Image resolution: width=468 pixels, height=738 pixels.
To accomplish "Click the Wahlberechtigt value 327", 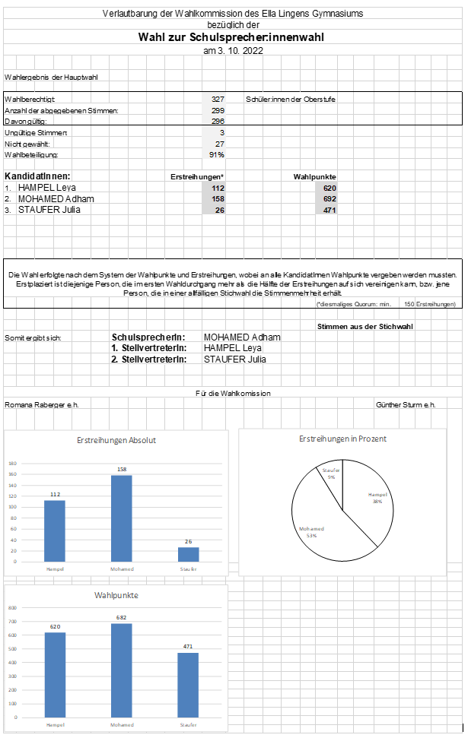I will coord(218,99).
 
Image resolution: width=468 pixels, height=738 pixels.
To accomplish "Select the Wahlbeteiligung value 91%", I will coord(217,154).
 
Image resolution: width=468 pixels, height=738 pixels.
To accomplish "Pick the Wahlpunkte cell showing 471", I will coord(329,210).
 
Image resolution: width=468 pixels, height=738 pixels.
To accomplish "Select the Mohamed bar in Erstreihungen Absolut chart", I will coord(121,518).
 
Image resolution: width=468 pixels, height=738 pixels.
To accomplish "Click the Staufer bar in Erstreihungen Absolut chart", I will coord(188,554).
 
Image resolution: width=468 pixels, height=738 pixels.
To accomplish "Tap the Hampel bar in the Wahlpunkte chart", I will coord(55,674).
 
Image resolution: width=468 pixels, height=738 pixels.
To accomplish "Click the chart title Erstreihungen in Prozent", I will coord(342,439).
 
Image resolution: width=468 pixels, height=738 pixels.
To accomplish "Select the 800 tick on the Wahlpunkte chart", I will coord(12,608).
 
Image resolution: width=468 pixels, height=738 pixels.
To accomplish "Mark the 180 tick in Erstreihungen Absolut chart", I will coord(12,464).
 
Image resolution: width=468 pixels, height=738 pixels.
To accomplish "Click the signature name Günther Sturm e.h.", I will coord(406,405).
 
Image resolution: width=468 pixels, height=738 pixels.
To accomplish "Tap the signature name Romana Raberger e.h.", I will coord(42,405).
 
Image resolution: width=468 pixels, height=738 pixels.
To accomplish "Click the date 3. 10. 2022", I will coord(233,50).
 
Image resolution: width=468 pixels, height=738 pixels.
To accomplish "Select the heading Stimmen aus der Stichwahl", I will coord(365,326).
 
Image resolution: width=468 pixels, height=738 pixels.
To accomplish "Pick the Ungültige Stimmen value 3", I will coord(221,132).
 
